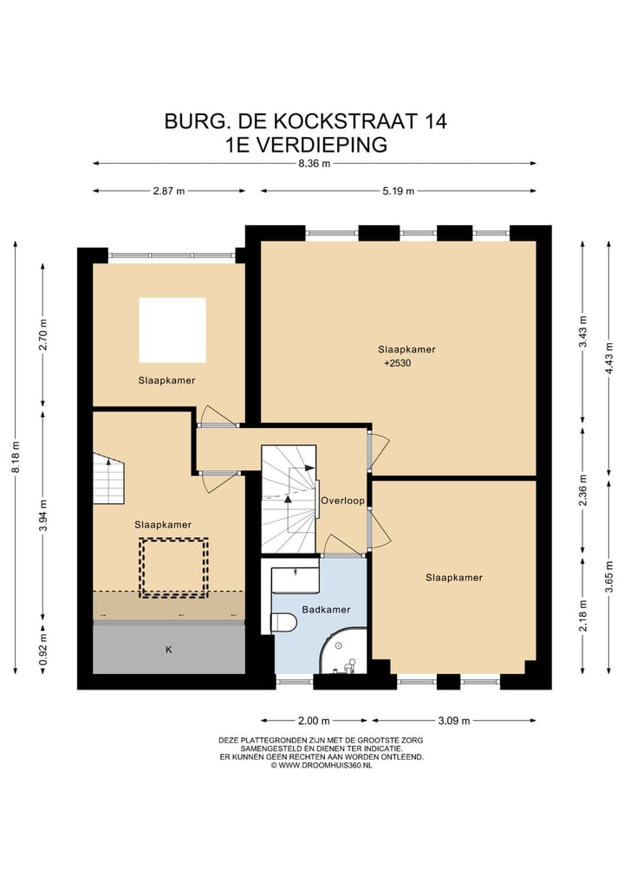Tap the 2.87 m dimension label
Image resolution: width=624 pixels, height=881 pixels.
[169, 191]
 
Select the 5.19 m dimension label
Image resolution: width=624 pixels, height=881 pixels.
[398, 191]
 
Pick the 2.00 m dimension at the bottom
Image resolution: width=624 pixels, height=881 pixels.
[314, 721]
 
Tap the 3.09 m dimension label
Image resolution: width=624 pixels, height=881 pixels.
[453, 721]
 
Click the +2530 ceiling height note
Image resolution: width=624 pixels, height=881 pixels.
[399, 364]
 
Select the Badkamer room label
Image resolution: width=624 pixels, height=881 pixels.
[326, 610]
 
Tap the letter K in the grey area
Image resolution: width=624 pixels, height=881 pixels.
[168, 649]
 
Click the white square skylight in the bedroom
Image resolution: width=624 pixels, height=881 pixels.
[172, 330]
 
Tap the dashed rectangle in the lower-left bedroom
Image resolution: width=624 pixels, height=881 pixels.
[175, 567]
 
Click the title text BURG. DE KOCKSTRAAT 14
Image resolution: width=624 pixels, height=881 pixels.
[306, 121]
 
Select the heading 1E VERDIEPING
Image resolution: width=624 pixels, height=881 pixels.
[305, 145]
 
